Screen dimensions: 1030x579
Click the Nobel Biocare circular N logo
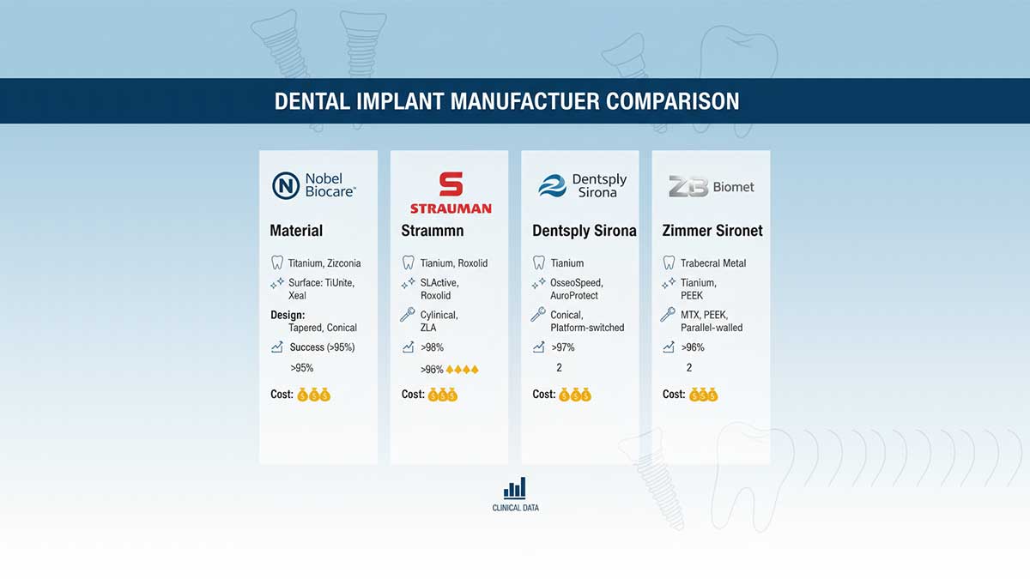tap(286, 185)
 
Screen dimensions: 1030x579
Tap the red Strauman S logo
tap(451, 184)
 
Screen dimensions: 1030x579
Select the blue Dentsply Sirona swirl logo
tap(552, 185)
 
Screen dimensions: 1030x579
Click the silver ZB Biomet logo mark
tap(688, 186)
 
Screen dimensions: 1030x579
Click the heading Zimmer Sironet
tap(712, 231)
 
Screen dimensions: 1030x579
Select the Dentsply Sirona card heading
tap(584, 231)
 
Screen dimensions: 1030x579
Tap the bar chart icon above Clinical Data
tap(514, 488)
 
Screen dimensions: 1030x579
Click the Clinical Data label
tap(516, 508)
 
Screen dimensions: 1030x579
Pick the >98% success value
tap(432, 347)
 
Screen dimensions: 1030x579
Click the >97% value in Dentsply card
tap(563, 347)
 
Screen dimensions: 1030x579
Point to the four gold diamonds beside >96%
tap(462, 370)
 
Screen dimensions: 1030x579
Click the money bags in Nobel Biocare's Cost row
tap(313, 395)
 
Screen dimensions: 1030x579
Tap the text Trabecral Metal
tap(713, 263)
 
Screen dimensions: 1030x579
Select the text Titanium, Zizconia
tap(324, 263)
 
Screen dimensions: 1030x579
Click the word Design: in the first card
tap(288, 316)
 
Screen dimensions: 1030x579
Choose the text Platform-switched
tap(587, 328)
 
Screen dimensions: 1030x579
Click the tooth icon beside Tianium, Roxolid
tap(408, 262)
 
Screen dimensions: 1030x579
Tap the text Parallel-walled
tap(712, 328)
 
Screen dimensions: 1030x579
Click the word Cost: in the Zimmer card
tap(674, 395)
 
